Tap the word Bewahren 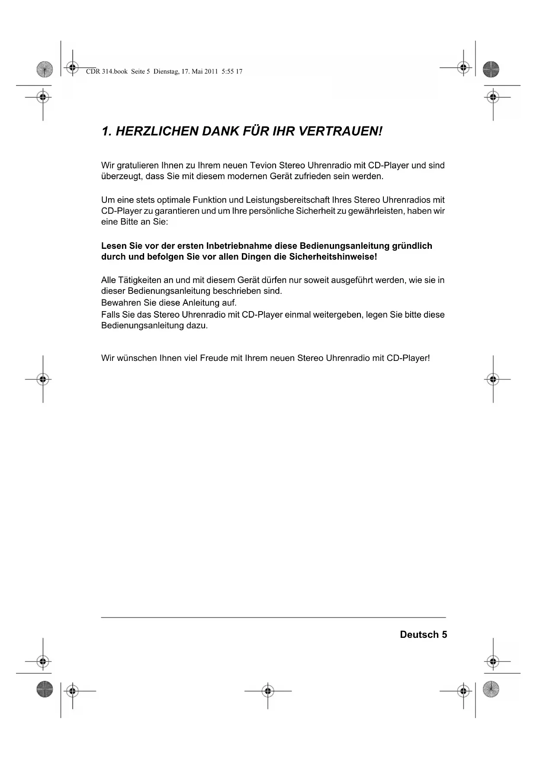click(118, 302)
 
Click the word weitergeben click(337, 315)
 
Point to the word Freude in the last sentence click(214, 358)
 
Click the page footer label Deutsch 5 click(423, 634)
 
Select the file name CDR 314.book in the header click(107, 71)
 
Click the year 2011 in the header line click(211, 71)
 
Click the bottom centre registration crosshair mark click(268, 691)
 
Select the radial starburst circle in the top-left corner click(44, 69)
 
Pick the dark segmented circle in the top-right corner click(491, 69)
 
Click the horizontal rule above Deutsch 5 click(273, 617)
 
